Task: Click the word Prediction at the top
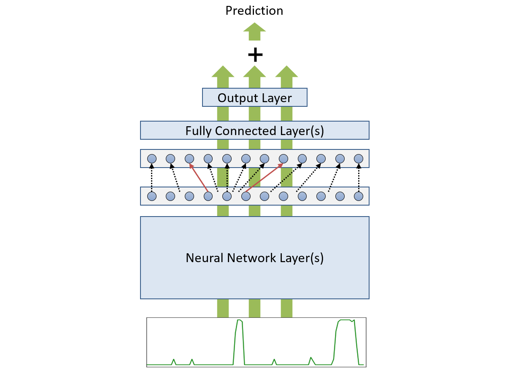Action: (x=254, y=11)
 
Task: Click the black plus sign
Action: (x=255, y=54)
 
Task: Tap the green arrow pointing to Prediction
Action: (x=255, y=31)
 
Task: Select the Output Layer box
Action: (x=255, y=98)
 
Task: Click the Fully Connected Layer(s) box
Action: (x=255, y=130)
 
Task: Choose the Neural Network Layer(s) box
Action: (x=255, y=257)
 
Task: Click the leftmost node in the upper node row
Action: (x=152, y=159)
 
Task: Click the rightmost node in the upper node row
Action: (x=359, y=159)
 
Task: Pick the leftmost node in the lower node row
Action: (x=152, y=196)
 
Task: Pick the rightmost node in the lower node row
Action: (x=359, y=196)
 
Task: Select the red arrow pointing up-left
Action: (x=198, y=178)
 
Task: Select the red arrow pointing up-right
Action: (x=264, y=178)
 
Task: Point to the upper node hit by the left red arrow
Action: (x=189, y=159)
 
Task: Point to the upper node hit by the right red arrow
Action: (x=283, y=159)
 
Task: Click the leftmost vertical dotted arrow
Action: (x=152, y=178)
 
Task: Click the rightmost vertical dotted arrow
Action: (x=359, y=178)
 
